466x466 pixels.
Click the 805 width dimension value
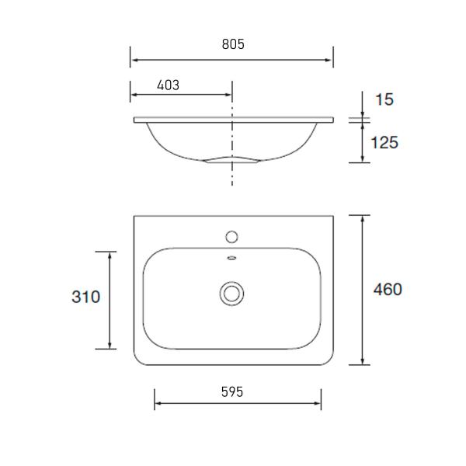pos(231,44)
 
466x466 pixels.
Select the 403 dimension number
pos(168,85)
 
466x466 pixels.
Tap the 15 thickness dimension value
pos(384,99)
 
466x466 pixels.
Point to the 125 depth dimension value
pos(384,142)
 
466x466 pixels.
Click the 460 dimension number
pos(387,290)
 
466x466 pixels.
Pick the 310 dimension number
pos(85,297)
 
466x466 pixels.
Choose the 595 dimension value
pos(231,391)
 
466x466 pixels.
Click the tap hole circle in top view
pos(231,235)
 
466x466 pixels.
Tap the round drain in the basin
pos(231,294)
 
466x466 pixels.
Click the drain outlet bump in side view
pos(231,160)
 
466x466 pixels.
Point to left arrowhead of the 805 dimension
pos(134,58)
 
